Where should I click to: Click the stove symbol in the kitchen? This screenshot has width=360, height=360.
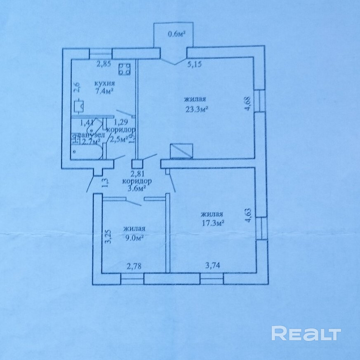tap(124, 69)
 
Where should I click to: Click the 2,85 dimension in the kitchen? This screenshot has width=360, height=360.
tap(104, 64)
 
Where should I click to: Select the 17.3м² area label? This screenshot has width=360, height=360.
tap(212, 223)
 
